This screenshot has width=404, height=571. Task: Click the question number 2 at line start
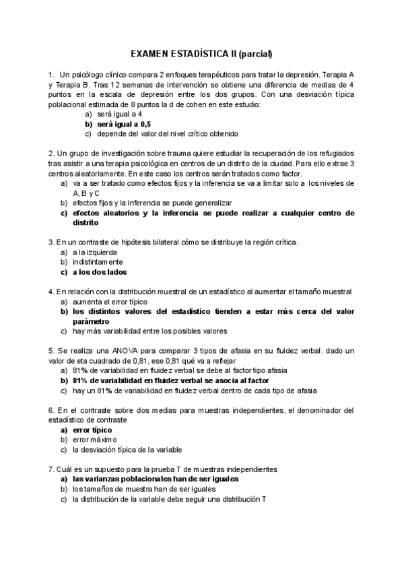50,154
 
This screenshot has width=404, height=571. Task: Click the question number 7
50,469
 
